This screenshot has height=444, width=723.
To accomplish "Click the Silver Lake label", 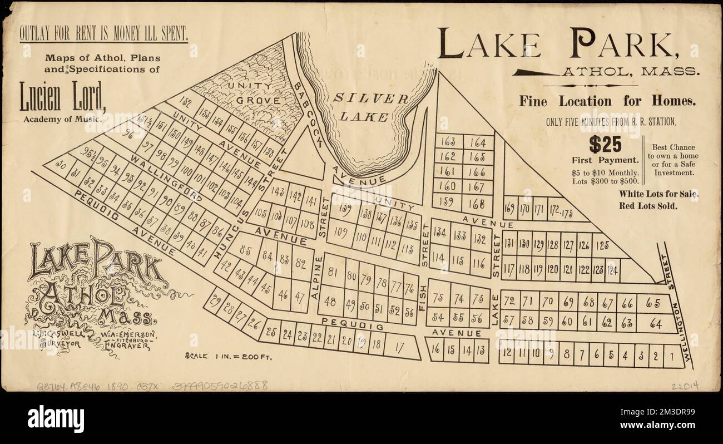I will [x=372, y=107].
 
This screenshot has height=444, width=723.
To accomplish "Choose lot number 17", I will [x=399, y=347].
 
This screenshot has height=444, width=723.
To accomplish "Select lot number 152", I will [x=186, y=102].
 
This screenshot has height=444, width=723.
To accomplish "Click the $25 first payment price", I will [x=605, y=145].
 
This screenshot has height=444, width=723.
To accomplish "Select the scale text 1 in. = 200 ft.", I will [x=228, y=357].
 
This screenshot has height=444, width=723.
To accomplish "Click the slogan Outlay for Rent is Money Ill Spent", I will [x=103, y=34].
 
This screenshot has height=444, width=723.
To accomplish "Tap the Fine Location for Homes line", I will [x=607, y=101].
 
